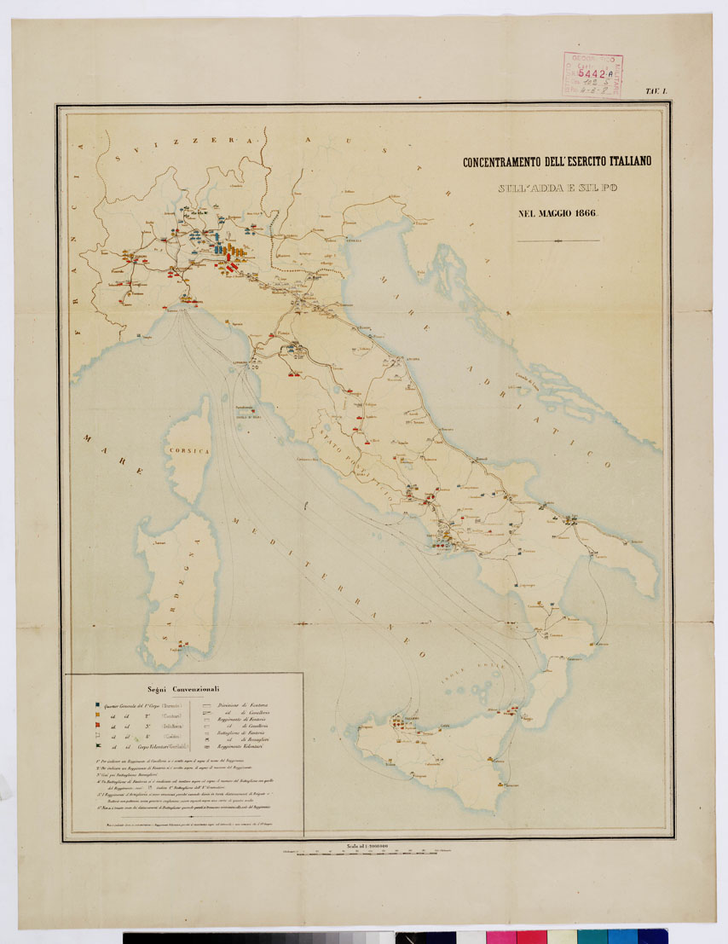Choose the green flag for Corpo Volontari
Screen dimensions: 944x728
(x=98, y=746)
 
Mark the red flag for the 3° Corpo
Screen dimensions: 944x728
(x=98, y=727)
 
